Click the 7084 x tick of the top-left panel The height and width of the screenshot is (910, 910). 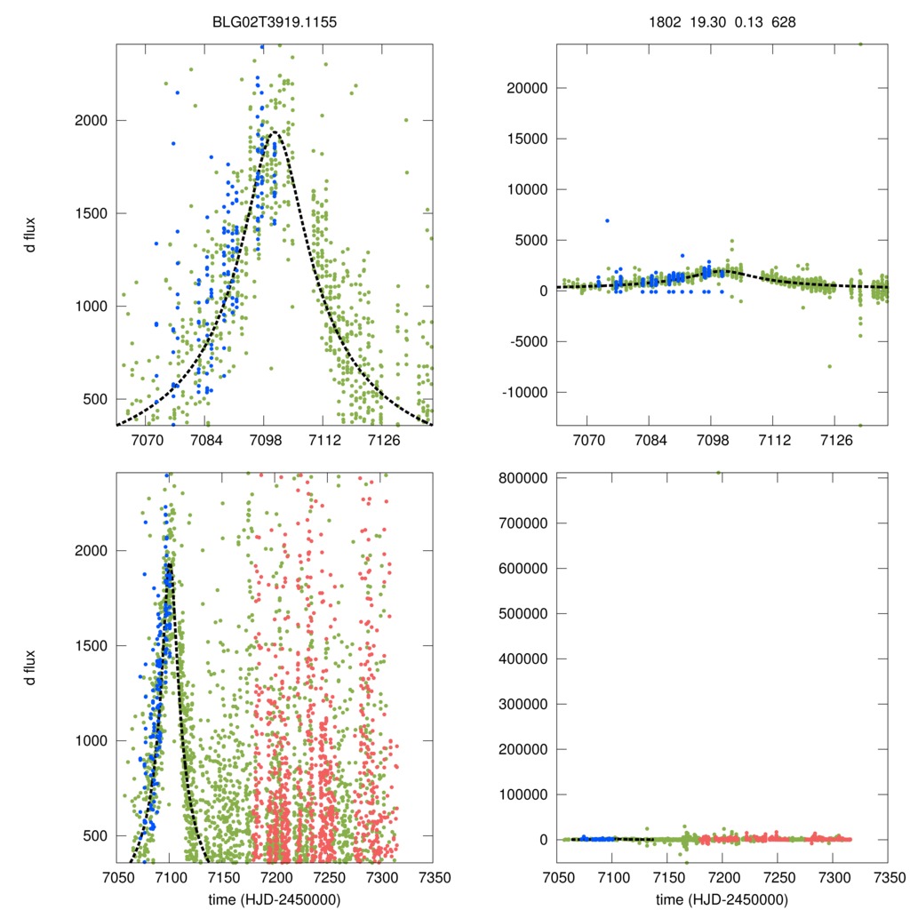click(x=205, y=440)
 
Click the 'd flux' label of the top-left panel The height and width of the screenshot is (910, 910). click(x=31, y=234)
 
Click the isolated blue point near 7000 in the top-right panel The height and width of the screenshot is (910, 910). click(x=608, y=220)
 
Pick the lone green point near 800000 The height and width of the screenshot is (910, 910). click(x=718, y=473)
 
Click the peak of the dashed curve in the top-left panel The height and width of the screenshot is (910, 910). click(x=274, y=132)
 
